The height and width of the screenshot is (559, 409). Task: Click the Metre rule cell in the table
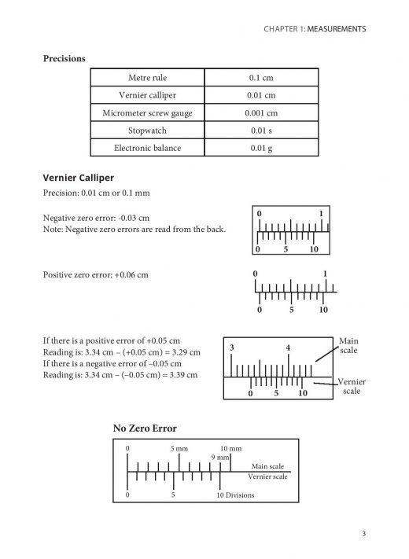(147, 78)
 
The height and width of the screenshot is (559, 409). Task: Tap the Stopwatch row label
(147, 130)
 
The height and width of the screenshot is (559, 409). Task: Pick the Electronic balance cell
(147, 147)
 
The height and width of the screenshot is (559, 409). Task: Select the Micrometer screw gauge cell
(147, 112)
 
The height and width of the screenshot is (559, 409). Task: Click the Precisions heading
(64, 57)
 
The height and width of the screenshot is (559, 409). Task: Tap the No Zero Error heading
(145, 428)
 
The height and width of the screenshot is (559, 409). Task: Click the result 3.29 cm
(186, 352)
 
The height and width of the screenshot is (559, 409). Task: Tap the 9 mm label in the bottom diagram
(219, 458)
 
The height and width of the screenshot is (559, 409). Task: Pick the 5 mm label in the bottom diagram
(179, 448)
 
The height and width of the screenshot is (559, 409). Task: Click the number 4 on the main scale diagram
(288, 348)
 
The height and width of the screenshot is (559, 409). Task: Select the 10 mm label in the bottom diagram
(230, 448)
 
